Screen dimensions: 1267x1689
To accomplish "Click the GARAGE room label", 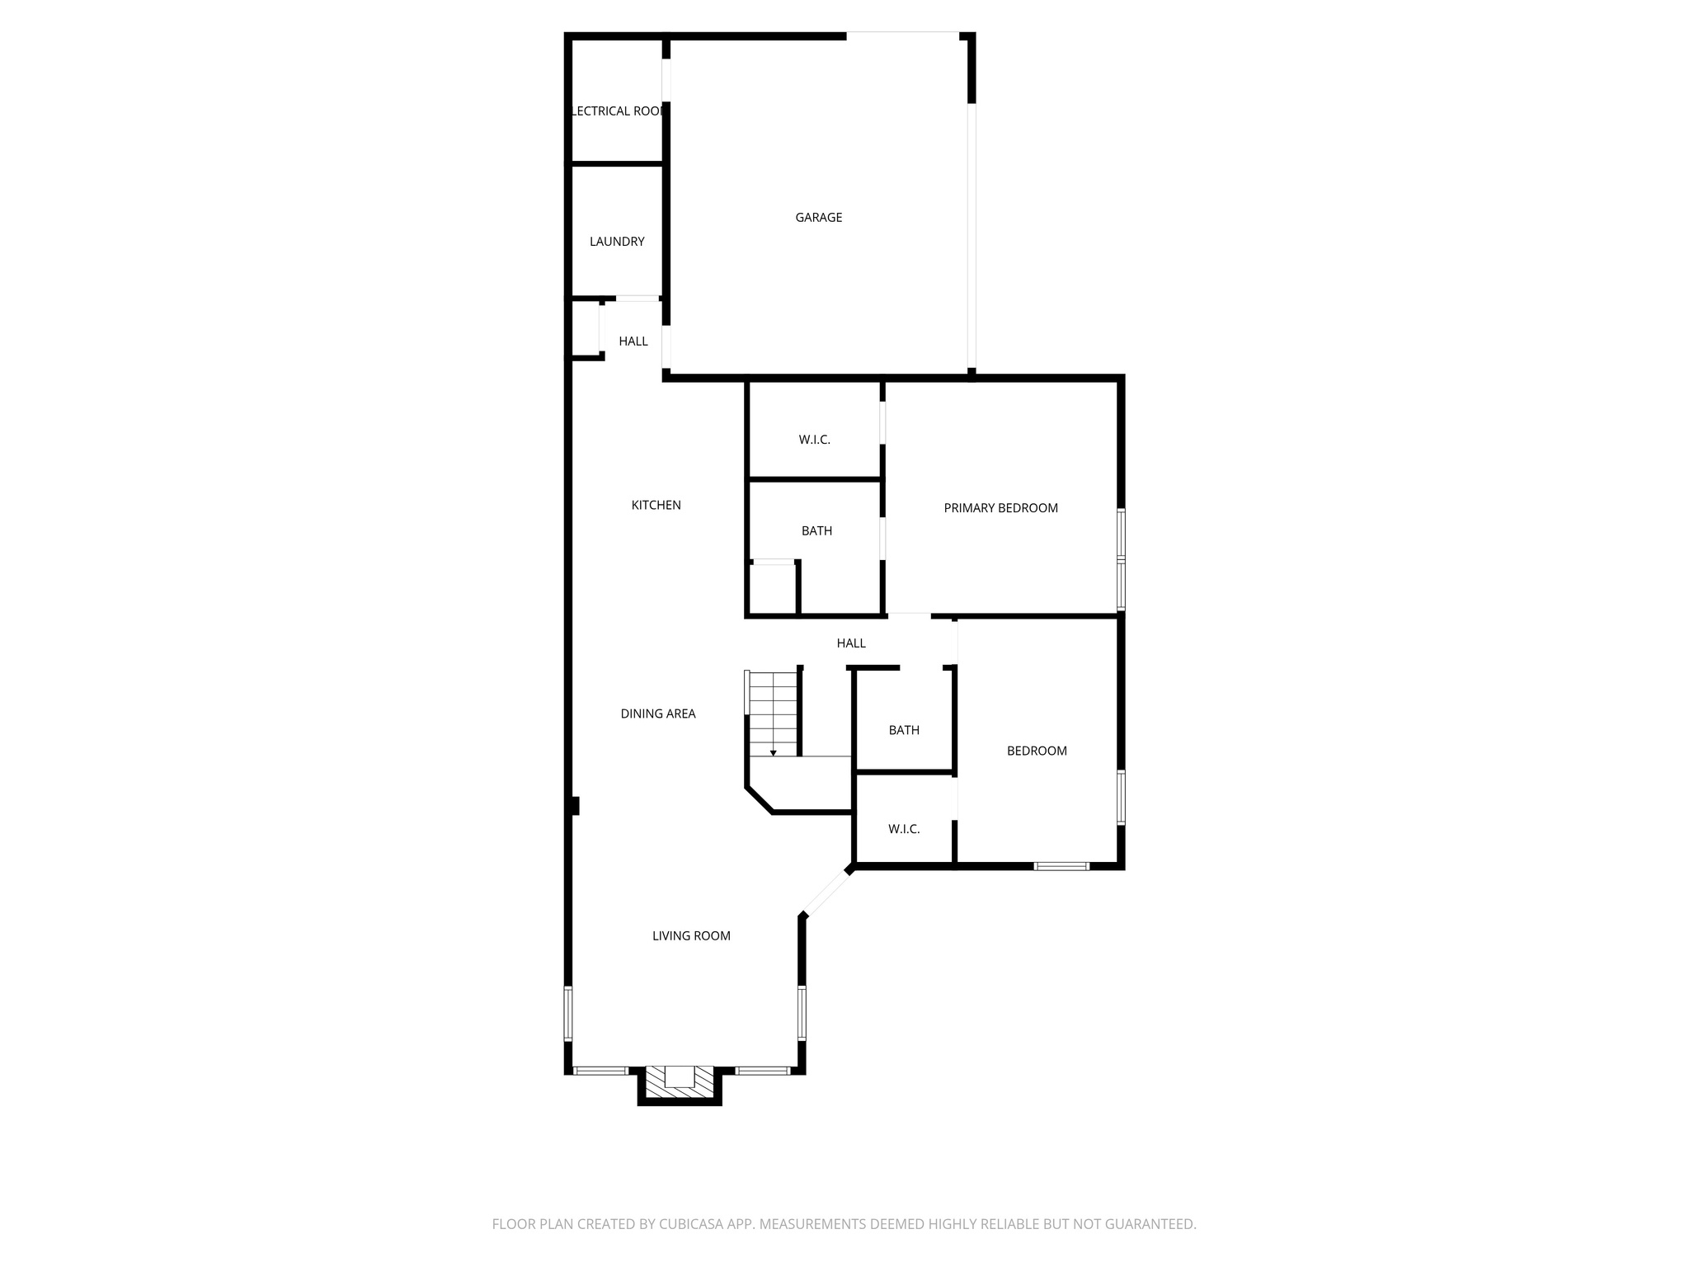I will point(818,218).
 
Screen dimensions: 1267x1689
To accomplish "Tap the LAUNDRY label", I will point(617,242).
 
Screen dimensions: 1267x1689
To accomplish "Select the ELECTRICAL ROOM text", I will point(618,111).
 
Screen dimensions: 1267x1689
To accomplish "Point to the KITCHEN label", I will point(656,505).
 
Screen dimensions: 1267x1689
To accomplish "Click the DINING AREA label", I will point(657,714).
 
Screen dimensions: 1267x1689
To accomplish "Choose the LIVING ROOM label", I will point(691,935).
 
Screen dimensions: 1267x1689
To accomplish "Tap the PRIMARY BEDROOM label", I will point(1000,508).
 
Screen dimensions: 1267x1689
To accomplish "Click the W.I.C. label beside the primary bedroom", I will point(814,440).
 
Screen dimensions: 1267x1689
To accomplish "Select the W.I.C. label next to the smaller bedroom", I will point(904,829).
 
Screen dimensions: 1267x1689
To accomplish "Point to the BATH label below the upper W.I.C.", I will point(816,530).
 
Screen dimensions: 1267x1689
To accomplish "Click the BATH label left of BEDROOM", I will point(904,730).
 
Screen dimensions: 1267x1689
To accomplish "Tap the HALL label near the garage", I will point(633,341).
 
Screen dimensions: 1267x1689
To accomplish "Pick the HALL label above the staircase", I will point(851,643).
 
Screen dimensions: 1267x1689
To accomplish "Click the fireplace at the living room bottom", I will point(679,1082).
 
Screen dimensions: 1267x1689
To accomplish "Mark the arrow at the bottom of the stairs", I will point(773,751).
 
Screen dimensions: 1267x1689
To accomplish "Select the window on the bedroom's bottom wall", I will point(1061,866).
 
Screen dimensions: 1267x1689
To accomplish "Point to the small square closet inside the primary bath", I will point(772,589).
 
